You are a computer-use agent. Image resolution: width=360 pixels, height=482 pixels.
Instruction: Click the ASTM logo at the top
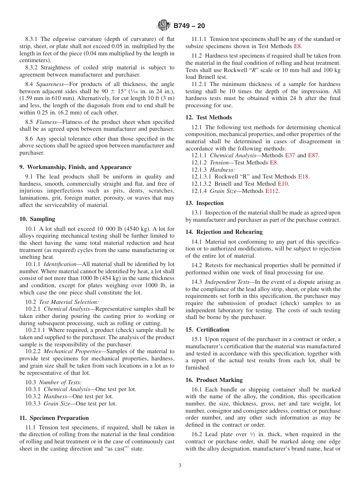point(164,26)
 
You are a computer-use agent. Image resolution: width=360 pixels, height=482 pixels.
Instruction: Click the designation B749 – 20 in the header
point(189,26)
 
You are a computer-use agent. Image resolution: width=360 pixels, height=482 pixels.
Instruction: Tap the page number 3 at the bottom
point(180,466)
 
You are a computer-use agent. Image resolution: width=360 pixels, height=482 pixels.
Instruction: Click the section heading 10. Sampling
point(37,219)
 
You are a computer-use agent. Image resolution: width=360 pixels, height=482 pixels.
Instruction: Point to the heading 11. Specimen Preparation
point(54,418)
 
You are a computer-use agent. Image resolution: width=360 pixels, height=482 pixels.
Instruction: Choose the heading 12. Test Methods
point(208,117)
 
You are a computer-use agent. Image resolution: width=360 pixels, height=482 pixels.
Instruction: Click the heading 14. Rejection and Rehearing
point(224,232)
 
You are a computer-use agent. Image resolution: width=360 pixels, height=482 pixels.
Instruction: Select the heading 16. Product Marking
point(214,380)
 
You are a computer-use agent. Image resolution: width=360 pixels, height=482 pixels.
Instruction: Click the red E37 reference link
point(290,155)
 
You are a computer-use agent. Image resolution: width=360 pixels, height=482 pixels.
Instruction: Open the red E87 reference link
point(313,155)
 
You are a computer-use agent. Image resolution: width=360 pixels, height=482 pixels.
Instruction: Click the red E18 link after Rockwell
point(303,177)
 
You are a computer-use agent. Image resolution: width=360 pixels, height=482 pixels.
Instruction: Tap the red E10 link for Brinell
point(283,184)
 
